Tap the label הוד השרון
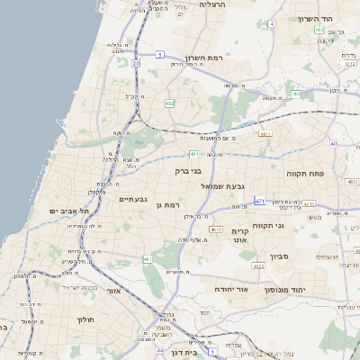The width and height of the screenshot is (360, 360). [319, 18]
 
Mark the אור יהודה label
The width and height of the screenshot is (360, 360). [230, 290]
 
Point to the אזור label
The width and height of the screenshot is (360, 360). [112, 291]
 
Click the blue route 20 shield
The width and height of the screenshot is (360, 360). [136, 64]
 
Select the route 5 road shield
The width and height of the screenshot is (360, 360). [159, 55]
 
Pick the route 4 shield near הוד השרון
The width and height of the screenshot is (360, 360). [272, 24]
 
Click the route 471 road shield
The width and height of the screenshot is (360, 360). [259, 201]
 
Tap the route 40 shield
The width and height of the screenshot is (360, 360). [333, 143]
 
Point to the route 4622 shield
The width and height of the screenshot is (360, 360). [258, 265]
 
